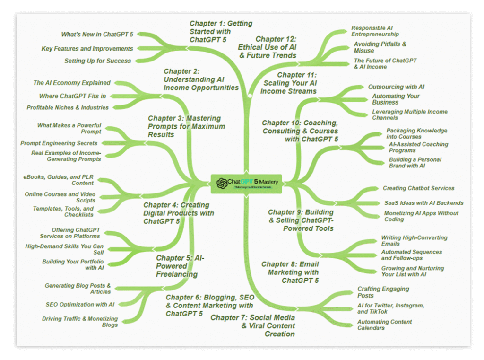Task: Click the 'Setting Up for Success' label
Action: [x=98, y=61]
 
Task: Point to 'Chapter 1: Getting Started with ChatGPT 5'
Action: [x=221, y=31]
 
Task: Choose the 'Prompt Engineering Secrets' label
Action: [x=59, y=143]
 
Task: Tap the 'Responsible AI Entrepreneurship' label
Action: [x=375, y=31]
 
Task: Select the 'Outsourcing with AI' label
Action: [x=396, y=87]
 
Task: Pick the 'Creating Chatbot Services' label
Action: [x=418, y=188]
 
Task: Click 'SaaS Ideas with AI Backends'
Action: [x=423, y=203]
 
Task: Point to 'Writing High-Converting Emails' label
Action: [x=414, y=241]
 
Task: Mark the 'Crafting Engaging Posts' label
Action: [x=383, y=292]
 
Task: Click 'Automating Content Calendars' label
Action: [x=384, y=325]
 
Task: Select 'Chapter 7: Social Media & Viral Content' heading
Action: [x=253, y=325]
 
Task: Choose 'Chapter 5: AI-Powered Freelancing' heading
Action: [x=177, y=266]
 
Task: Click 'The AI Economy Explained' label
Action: [x=72, y=83]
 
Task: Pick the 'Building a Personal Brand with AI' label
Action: [x=415, y=163]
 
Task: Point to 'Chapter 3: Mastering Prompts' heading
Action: [x=186, y=126]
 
